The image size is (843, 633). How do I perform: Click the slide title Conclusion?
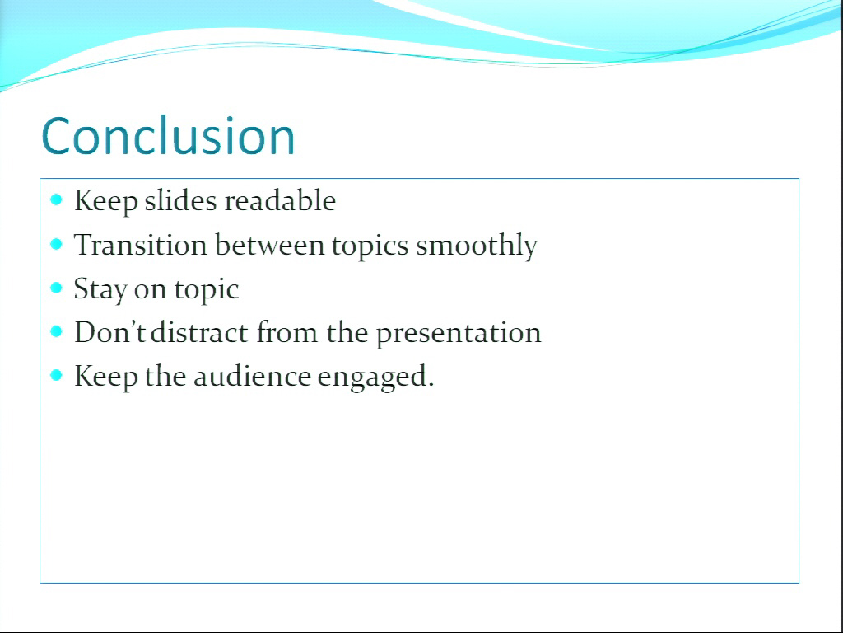pyautogui.click(x=168, y=136)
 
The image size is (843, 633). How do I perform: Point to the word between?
pyautogui.click(x=270, y=244)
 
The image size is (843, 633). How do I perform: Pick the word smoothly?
pyautogui.click(x=477, y=246)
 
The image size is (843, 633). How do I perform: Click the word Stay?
pyautogui.click(x=100, y=289)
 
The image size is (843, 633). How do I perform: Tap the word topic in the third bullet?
pyautogui.click(x=207, y=290)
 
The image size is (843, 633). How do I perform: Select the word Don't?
pyautogui.click(x=109, y=331)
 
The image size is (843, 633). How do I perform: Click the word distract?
pyautogui.click(x=200, y=331)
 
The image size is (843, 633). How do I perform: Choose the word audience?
pyautogui.click(x=252, y=376)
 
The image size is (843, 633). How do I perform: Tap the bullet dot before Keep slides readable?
pyautogui.click(x=57, y=200)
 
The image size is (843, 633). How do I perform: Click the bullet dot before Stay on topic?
pyautogui.click(x=57, y=288)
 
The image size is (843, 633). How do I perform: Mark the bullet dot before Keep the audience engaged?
pyautogui.click(x=57, y=375)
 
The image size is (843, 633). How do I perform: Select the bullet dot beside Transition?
pyautogui.click(x=57, y=244)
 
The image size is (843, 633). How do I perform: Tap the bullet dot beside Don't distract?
pyautogui.click(x=57, y=331)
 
